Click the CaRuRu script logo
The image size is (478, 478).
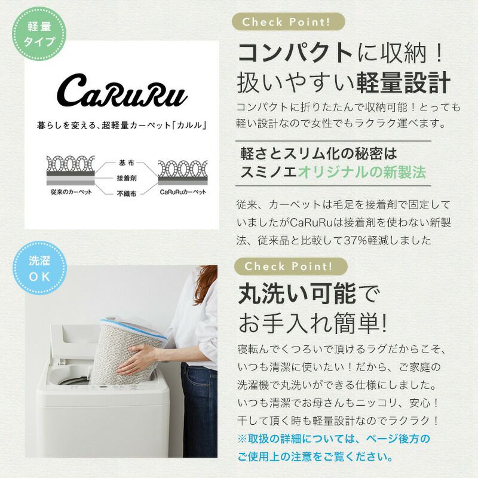click(122, 91)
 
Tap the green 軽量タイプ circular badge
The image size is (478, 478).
click(39, 34)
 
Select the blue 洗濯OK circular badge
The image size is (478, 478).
click(39, 268)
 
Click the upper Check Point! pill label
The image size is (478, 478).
click(289, 22)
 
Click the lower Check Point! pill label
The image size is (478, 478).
click(290, 266)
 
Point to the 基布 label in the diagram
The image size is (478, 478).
click(126, 163)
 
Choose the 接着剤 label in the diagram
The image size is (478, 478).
click(126, 178)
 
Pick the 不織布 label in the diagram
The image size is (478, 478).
click(126, 193)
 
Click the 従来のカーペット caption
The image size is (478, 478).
click(71, 192)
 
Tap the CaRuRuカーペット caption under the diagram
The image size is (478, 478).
click(183, 192)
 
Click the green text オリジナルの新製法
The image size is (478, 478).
click(361, 172)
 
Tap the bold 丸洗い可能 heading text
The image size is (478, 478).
click(297, 293)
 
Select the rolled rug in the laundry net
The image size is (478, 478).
click(128, 351)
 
